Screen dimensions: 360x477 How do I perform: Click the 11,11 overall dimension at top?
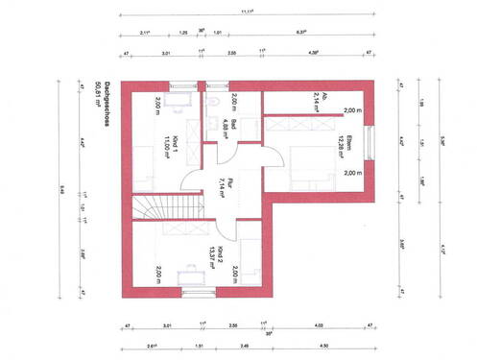(247, 13)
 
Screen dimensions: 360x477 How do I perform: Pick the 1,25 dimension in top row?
(182, 33)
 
